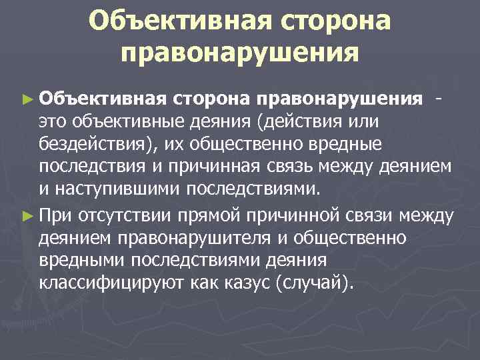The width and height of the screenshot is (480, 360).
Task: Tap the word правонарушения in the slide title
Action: (240, 51)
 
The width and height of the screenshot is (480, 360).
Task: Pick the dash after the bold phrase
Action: (437, 99)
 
